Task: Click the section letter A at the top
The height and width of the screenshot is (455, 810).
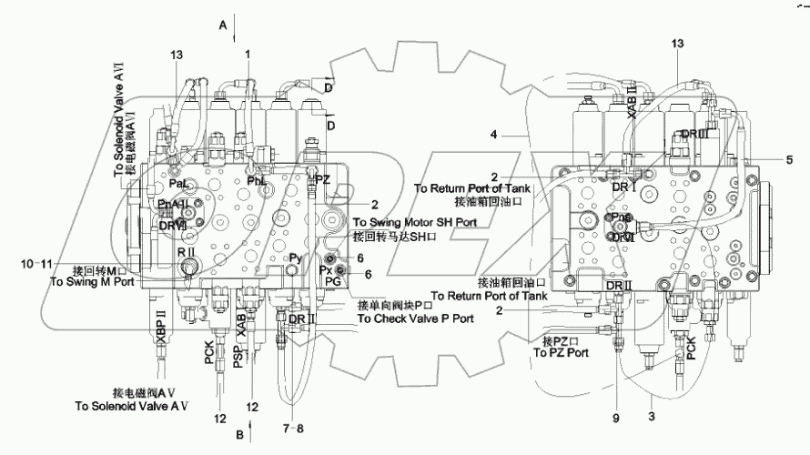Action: click(223, 25)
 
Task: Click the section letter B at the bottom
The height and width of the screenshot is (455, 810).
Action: click(238, 435)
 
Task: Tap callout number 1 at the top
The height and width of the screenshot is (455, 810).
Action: click(247, 55)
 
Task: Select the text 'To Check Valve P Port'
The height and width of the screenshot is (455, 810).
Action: click(415, 318)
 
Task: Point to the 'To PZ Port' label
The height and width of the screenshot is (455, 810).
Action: click(562, 351)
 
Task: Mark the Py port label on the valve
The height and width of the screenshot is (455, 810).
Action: click(295, 258)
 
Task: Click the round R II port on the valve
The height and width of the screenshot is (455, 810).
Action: click(189, 266)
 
